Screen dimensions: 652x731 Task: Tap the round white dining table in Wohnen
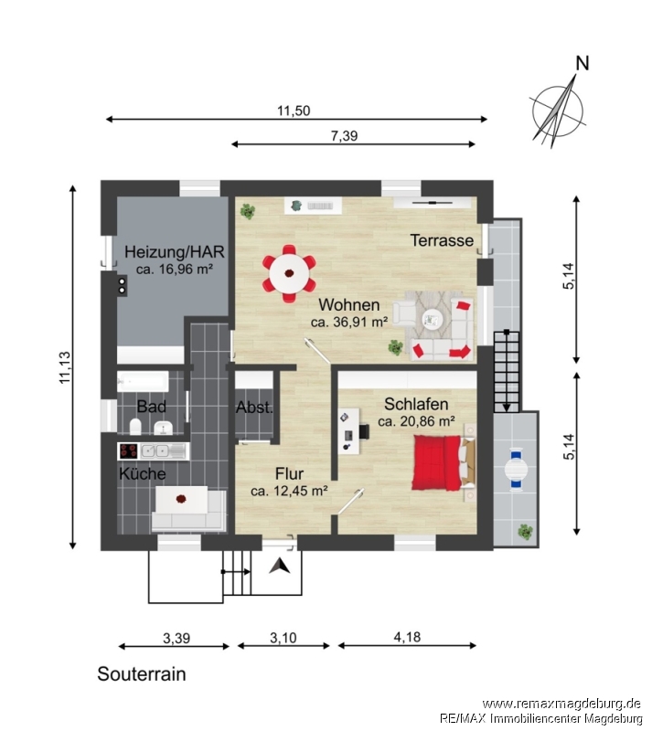click(x=289, y=272)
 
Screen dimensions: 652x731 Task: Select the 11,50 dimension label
click(x=294, y=111)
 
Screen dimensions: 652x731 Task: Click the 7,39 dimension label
click(x=344, y=135)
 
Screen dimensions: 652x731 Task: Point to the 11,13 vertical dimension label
click(x=64, y=367)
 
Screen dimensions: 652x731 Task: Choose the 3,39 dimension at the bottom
click(x=176, y=638)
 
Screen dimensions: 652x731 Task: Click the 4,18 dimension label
click(x=407, y=637)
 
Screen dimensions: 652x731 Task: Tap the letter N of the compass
click(x=582, y=63)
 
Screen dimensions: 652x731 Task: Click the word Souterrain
click(x=142, y=674)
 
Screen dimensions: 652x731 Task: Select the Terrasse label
click(x=442, y=240)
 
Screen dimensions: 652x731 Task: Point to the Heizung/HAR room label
click(x=174, y=252)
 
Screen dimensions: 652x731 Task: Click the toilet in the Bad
click(x=135, y=426)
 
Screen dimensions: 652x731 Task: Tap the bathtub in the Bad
click(x=143, y=382)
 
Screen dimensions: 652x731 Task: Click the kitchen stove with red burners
click(x=128, y=450)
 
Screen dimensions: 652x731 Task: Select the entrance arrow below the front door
click(x=280, y=566)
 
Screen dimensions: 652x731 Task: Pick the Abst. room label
click(x=254, y=408)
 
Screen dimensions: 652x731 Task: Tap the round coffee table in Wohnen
click(x=433, y=320)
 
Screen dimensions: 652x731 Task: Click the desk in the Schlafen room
click(x=349, y=431)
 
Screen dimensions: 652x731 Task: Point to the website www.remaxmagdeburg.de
click(x=561, y=704)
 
